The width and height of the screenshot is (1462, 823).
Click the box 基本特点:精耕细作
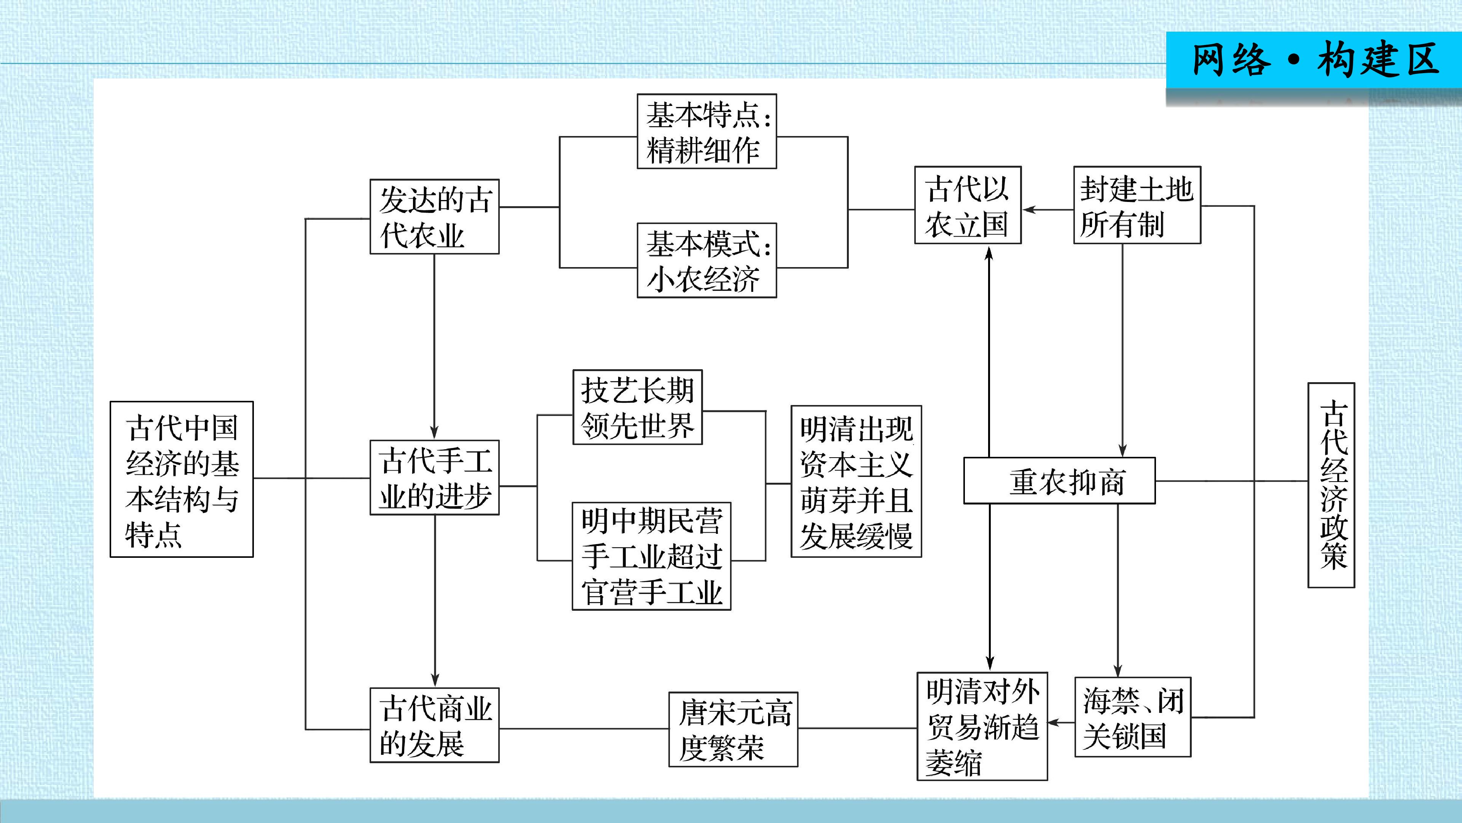[x=706, y=131]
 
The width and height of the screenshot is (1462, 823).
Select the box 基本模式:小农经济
[x=706, y=260]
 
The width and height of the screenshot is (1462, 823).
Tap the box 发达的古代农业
[x=434, y=216]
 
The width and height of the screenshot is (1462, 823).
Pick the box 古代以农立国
[x=968, y=205]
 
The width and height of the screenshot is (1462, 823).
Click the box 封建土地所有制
[x=1137, y=205]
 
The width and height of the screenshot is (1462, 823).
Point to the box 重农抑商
[x=1059, y=480]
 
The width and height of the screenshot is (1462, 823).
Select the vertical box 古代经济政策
[x=1331, y=485]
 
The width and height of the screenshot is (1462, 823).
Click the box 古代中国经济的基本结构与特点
[x=182, y=479]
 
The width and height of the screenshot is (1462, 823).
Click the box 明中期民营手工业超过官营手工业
[x=651, y=556]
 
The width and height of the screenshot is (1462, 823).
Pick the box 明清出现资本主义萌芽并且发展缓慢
[x=856, y=481]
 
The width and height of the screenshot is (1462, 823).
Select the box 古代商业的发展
[x=434, y=725]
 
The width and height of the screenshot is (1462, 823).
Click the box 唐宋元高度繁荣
[x=733, y=729]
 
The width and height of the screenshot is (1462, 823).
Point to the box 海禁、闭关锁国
[x=1132, y=717]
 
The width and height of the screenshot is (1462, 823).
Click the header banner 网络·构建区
[x=1313, y=60]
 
